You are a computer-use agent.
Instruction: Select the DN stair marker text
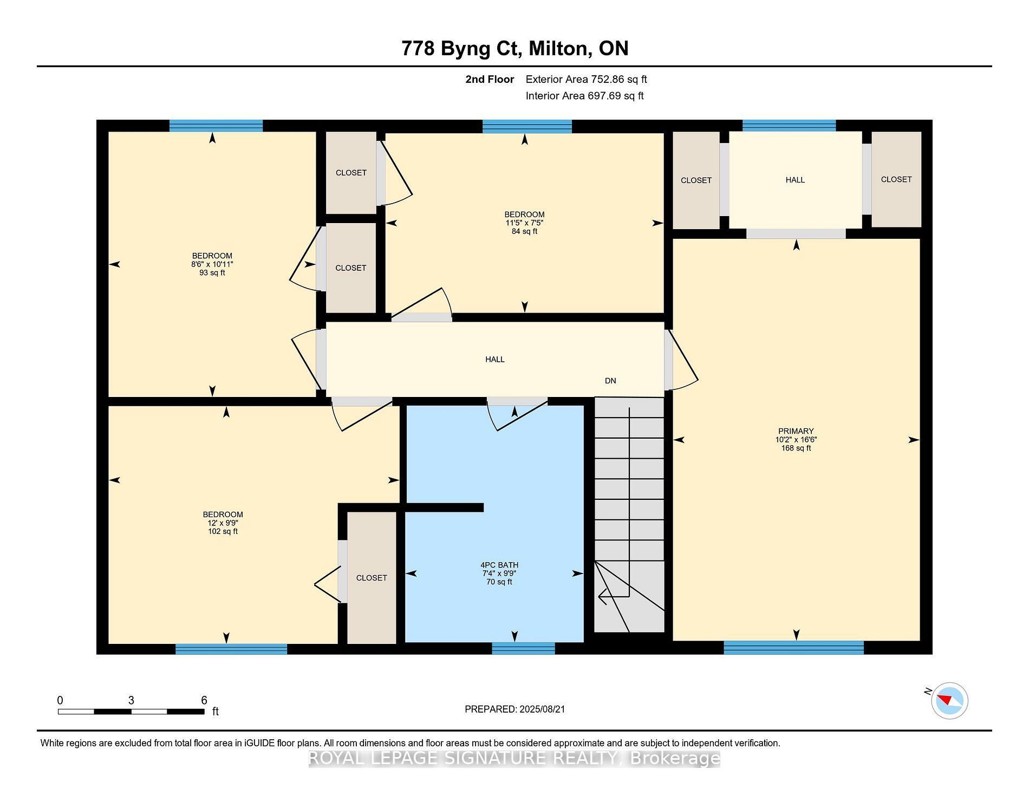tap(610, 381)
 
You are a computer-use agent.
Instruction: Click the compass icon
tap(949, 701)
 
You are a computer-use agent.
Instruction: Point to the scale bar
tap(131, 711)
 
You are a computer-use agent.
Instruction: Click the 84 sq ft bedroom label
tap(524, 223)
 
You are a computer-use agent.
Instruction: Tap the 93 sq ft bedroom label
tap(212, 264)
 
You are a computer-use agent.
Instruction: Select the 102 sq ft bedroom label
tap(223, 523)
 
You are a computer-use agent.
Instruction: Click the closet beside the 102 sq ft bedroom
tap(372, 578)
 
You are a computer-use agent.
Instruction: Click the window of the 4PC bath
tap(523, 648)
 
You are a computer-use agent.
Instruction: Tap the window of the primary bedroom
tap(793, 647)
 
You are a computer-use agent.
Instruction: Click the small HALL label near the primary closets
tap(795, 180)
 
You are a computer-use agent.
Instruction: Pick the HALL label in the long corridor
tap(495, 359)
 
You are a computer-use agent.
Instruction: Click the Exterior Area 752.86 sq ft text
tap(586, 79)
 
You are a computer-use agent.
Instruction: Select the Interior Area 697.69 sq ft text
tap(584, 96)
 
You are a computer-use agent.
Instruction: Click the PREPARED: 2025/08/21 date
tap(514, 709)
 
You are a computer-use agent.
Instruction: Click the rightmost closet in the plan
tap(896, 179)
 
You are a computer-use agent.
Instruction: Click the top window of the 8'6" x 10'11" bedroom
tap(216, 126)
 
